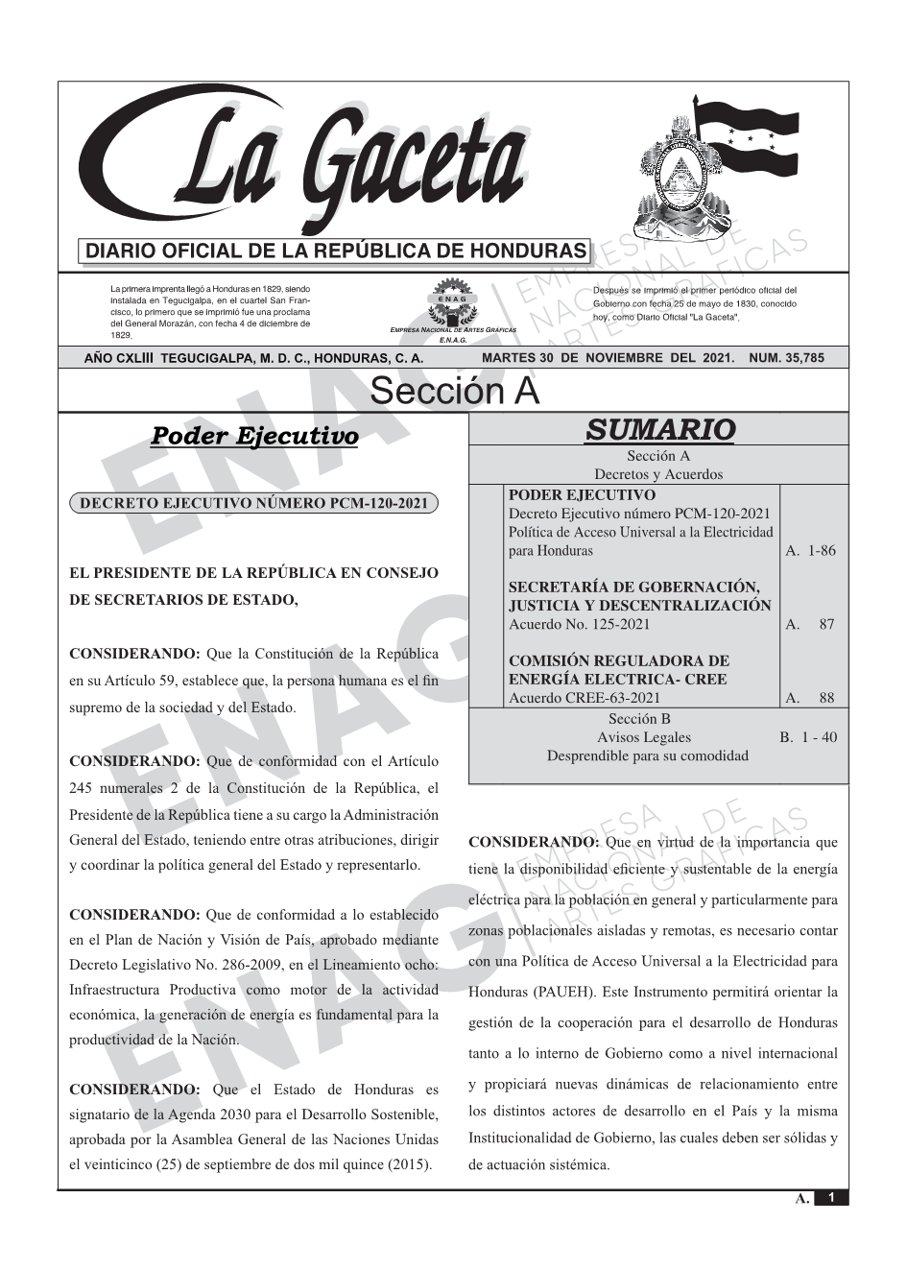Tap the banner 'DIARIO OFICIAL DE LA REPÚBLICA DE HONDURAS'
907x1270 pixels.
point(336,252)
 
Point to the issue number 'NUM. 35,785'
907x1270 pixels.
point(786,358)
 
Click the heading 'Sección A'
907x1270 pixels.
point(454,392)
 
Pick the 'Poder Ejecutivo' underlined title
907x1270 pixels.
point(254,437)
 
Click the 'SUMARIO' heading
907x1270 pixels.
point(659,430)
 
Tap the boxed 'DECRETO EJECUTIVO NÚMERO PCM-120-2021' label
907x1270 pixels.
point(254,503)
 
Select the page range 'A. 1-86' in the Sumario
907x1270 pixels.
point(810,551)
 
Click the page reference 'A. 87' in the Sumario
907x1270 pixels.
point(810,625)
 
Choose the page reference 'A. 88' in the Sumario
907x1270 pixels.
point(810,699)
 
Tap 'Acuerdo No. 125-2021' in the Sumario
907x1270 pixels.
point(579,624)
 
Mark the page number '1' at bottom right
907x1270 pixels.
point(831,1198)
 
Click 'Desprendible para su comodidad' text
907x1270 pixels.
point(648,755)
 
